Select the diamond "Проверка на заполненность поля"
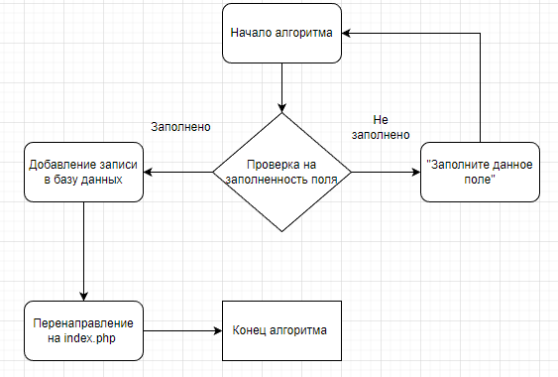282,173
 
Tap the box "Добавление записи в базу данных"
83,172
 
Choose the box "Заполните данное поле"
480,172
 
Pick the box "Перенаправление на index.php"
83,330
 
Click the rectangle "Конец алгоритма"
282,330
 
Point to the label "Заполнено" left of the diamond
180,128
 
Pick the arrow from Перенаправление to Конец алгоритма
182,330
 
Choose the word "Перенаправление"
83,322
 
